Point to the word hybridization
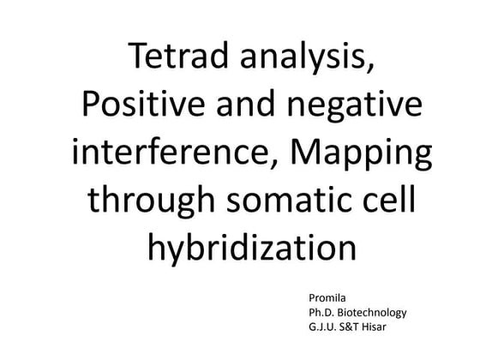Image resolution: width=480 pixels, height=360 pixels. point(251,249)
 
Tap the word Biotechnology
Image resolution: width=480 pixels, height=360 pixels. point(373,313)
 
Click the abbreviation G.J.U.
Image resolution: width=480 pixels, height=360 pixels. point(325,328)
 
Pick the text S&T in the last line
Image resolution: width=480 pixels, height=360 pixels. point(358,328)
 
